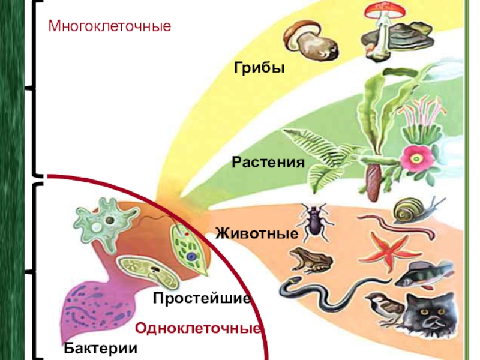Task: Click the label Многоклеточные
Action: (110, 26)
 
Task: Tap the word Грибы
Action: (259, 68)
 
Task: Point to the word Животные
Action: (257, 233)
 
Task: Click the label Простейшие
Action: (201, 298)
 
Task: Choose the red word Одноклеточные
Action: (197, 329)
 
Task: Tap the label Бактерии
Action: (101, 348)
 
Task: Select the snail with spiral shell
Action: (413, 211)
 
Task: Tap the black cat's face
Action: (431, 318)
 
